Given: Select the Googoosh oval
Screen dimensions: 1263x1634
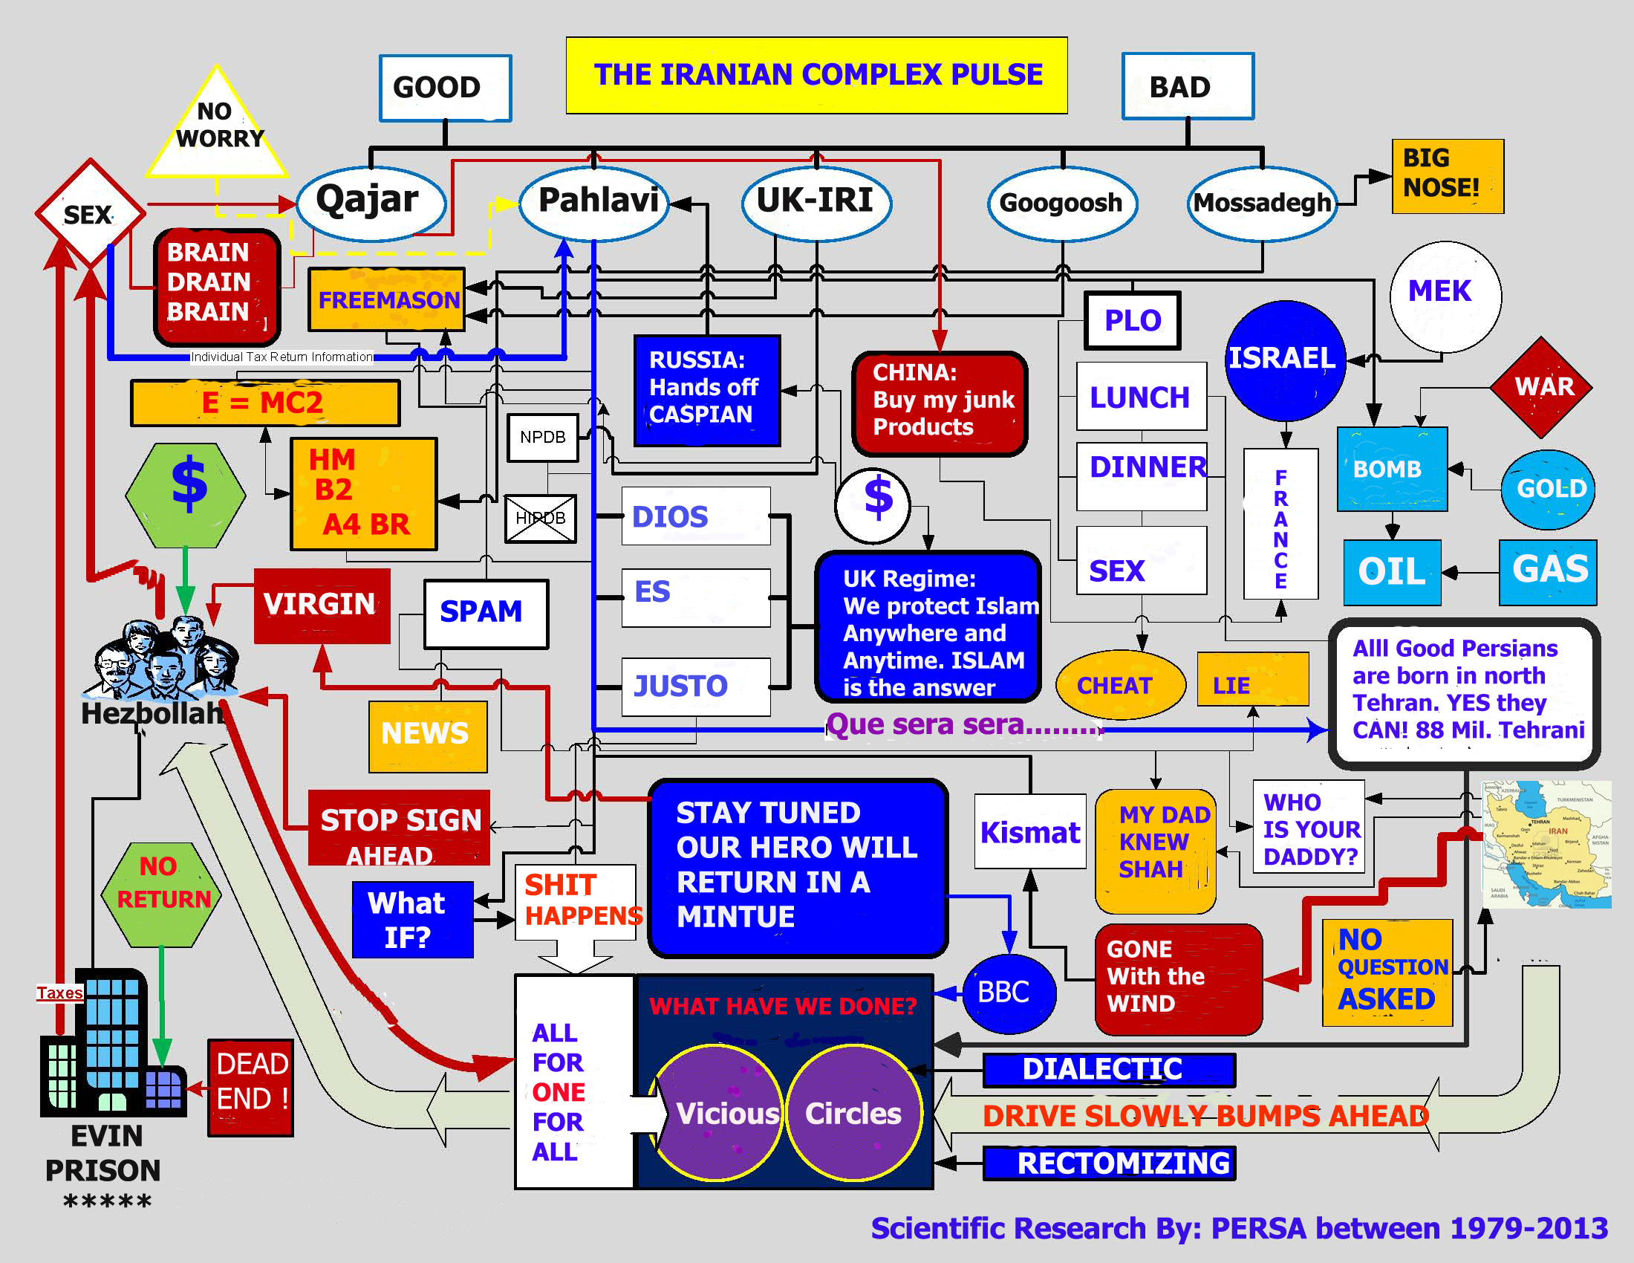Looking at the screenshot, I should click(x=1061, y=203).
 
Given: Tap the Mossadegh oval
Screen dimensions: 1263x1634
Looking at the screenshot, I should click(x=1262, y=203).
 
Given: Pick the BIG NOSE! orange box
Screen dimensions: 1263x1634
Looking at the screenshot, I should click(x=1447, y=176).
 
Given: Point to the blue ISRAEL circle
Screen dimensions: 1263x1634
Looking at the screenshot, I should click(x=1284, y=359).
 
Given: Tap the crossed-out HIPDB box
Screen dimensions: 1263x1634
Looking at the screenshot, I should click(x=540, y=518).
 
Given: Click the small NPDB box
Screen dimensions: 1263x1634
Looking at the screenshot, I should click(x=542, y=437).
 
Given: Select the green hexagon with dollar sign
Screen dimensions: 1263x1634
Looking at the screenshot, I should click(x=186, y=494).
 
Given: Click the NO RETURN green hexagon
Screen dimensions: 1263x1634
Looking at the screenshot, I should click(x=161, y=893).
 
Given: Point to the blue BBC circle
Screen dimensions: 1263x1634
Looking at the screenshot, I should click(x=1008, y=993).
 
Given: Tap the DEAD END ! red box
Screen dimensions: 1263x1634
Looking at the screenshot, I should click(x=250, y=1086).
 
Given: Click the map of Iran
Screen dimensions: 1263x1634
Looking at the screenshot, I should click(x=1546, y=843).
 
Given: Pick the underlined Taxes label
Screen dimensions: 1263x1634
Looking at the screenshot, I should click(x=60, y=993).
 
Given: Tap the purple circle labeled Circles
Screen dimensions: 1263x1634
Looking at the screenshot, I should click(x=853, y=1113).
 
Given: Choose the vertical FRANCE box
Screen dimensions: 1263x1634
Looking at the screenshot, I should click(x=1280, y=524).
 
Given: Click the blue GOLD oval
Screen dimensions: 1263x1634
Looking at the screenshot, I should click(x=1549, y=490).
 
